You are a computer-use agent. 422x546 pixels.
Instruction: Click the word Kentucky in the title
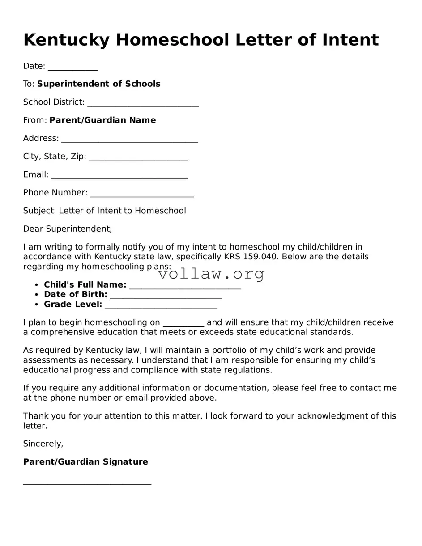click(66, 40)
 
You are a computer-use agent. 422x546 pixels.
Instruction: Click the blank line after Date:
click(72, 67)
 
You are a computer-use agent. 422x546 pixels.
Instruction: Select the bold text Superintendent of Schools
click(98, 84)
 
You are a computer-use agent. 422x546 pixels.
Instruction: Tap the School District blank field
click(143, 103)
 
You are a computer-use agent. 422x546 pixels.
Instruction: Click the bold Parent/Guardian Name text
click(102, 120)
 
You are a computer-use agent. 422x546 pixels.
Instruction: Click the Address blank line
click(129, 140)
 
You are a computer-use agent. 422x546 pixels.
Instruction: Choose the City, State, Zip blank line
click(138, 157)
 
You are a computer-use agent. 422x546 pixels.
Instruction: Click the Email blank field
click(119, 176)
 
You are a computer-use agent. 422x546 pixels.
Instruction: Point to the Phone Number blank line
click(141, 194)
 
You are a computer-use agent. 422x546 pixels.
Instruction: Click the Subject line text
click(104, 211)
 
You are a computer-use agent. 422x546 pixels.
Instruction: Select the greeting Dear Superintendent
click(67, 229)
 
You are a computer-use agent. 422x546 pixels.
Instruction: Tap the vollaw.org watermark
click(211, 274)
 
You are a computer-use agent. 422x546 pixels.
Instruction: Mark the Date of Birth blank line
click(166, 296)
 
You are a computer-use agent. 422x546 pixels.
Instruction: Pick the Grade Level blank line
click(160, 305)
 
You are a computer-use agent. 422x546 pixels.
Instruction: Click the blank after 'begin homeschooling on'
click(183, 324)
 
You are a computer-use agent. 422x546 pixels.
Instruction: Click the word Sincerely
click(43, 444)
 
